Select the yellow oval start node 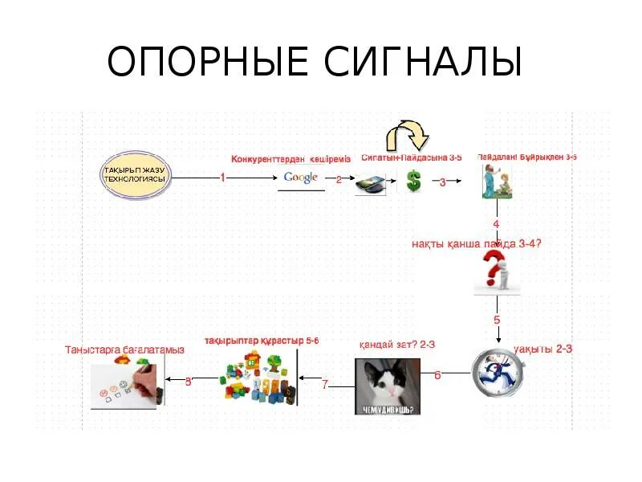click(136, 175)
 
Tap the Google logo click(301, 178)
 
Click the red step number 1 click(222, 178)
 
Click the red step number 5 click(497, 320)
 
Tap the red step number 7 click(325, 385)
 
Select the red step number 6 click(437, 375)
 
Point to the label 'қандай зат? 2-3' click(396, 344)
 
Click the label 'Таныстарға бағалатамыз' click(124, 349)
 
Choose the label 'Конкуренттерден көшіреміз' click(291, 159)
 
